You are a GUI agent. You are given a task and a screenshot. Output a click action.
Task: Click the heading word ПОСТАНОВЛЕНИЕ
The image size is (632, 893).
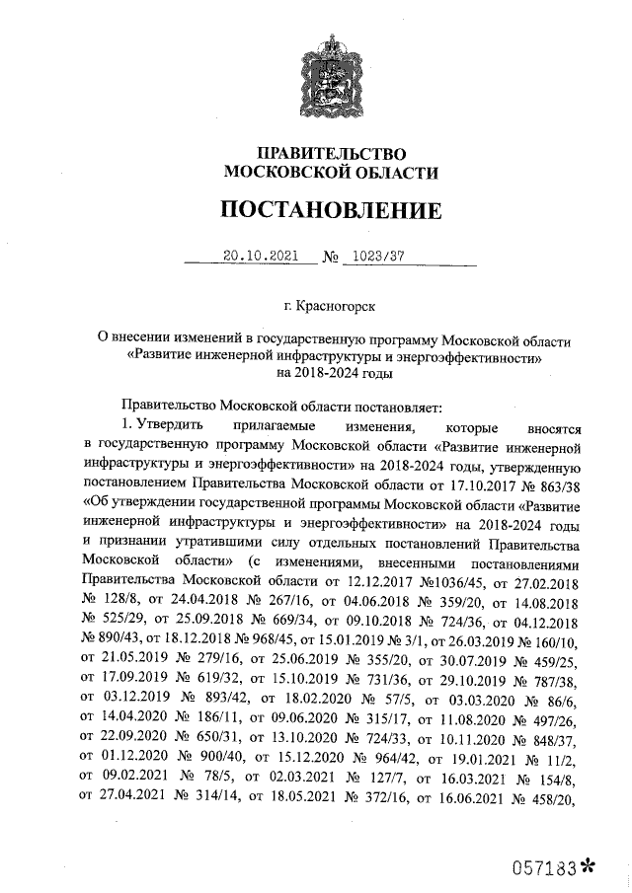click(331, 210)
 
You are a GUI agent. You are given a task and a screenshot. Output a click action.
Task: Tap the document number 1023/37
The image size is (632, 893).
click(374, 255)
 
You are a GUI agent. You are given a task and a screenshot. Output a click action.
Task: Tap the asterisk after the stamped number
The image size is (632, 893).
click(590, 866)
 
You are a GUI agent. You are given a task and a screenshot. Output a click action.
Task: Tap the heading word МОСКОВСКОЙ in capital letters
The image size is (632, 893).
click(274, 172)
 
